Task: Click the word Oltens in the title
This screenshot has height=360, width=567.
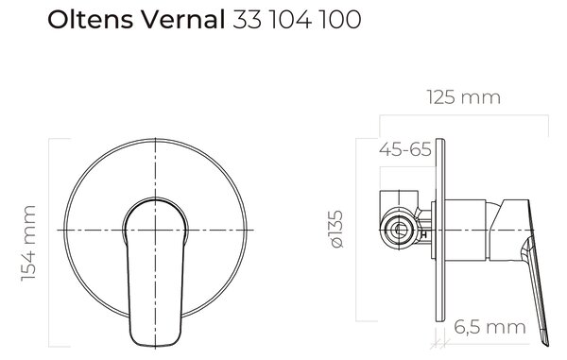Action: point(90,20)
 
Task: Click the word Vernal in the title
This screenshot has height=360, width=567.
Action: point(183,20)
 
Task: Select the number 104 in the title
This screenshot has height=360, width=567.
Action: point(291,20)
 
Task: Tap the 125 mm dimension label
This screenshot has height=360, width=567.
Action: point(464,97)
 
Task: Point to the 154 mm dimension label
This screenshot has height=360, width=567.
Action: point(28,243)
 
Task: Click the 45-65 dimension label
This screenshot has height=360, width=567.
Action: point(405,149)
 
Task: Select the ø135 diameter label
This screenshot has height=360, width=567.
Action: point(337,230)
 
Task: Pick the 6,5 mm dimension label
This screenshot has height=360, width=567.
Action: point(490,327)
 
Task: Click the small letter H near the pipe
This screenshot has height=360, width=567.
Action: point(424,235)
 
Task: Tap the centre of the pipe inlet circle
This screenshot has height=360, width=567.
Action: point(400,230)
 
